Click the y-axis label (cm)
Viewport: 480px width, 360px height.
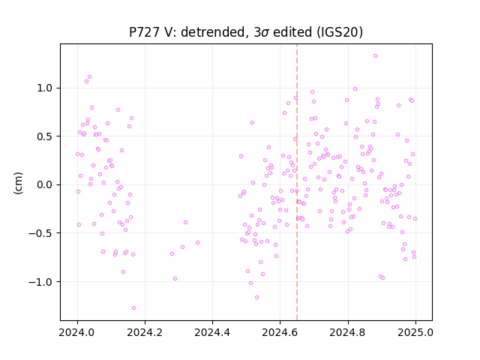pyautogui.click(x=18, y=183)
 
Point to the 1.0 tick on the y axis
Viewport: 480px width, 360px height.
pyautogui.click(x=44, y=88)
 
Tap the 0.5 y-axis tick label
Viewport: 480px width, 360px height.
pyautogui.click(x=44, y=136)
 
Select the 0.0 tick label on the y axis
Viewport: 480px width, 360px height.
pyautogui.click(x=44, y=185)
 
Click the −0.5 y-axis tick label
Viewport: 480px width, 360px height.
pyautogui.click(x=40, y=233)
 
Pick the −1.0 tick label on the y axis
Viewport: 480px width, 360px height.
pyautogui.click(x=40, y=282)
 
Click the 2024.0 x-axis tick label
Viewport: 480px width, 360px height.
pyautogui.click(x=77, y=332)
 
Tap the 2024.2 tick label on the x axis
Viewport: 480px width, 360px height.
pyautogui.click(x=145, y=332)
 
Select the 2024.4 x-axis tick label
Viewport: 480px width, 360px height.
pyautogui.click(x=212, y=332)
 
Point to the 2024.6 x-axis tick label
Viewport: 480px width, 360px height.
pyautogui.click(x=280, y=332)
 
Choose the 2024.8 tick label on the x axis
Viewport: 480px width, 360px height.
pyautogui.click(x=348, y=332)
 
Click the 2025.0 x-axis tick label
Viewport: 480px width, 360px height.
pyautogui.click(x=415, y=332)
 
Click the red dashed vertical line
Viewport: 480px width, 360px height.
pyautogui.click(x=297, y=182)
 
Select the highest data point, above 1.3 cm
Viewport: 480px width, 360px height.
pyautogui.click(x=375, y=56)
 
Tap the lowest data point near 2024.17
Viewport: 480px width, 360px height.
pyautogui.click(x=133, y=308)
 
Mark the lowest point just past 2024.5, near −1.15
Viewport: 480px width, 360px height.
pyautogui.click(x=256, y=298)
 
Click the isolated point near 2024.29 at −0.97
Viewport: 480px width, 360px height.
pyautogui.click(x=175, y=279)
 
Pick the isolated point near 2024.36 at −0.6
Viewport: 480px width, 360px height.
pyautogui.click(x=198, y=243)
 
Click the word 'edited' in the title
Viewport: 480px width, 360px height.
pyautogui.click(x=292, y=32)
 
